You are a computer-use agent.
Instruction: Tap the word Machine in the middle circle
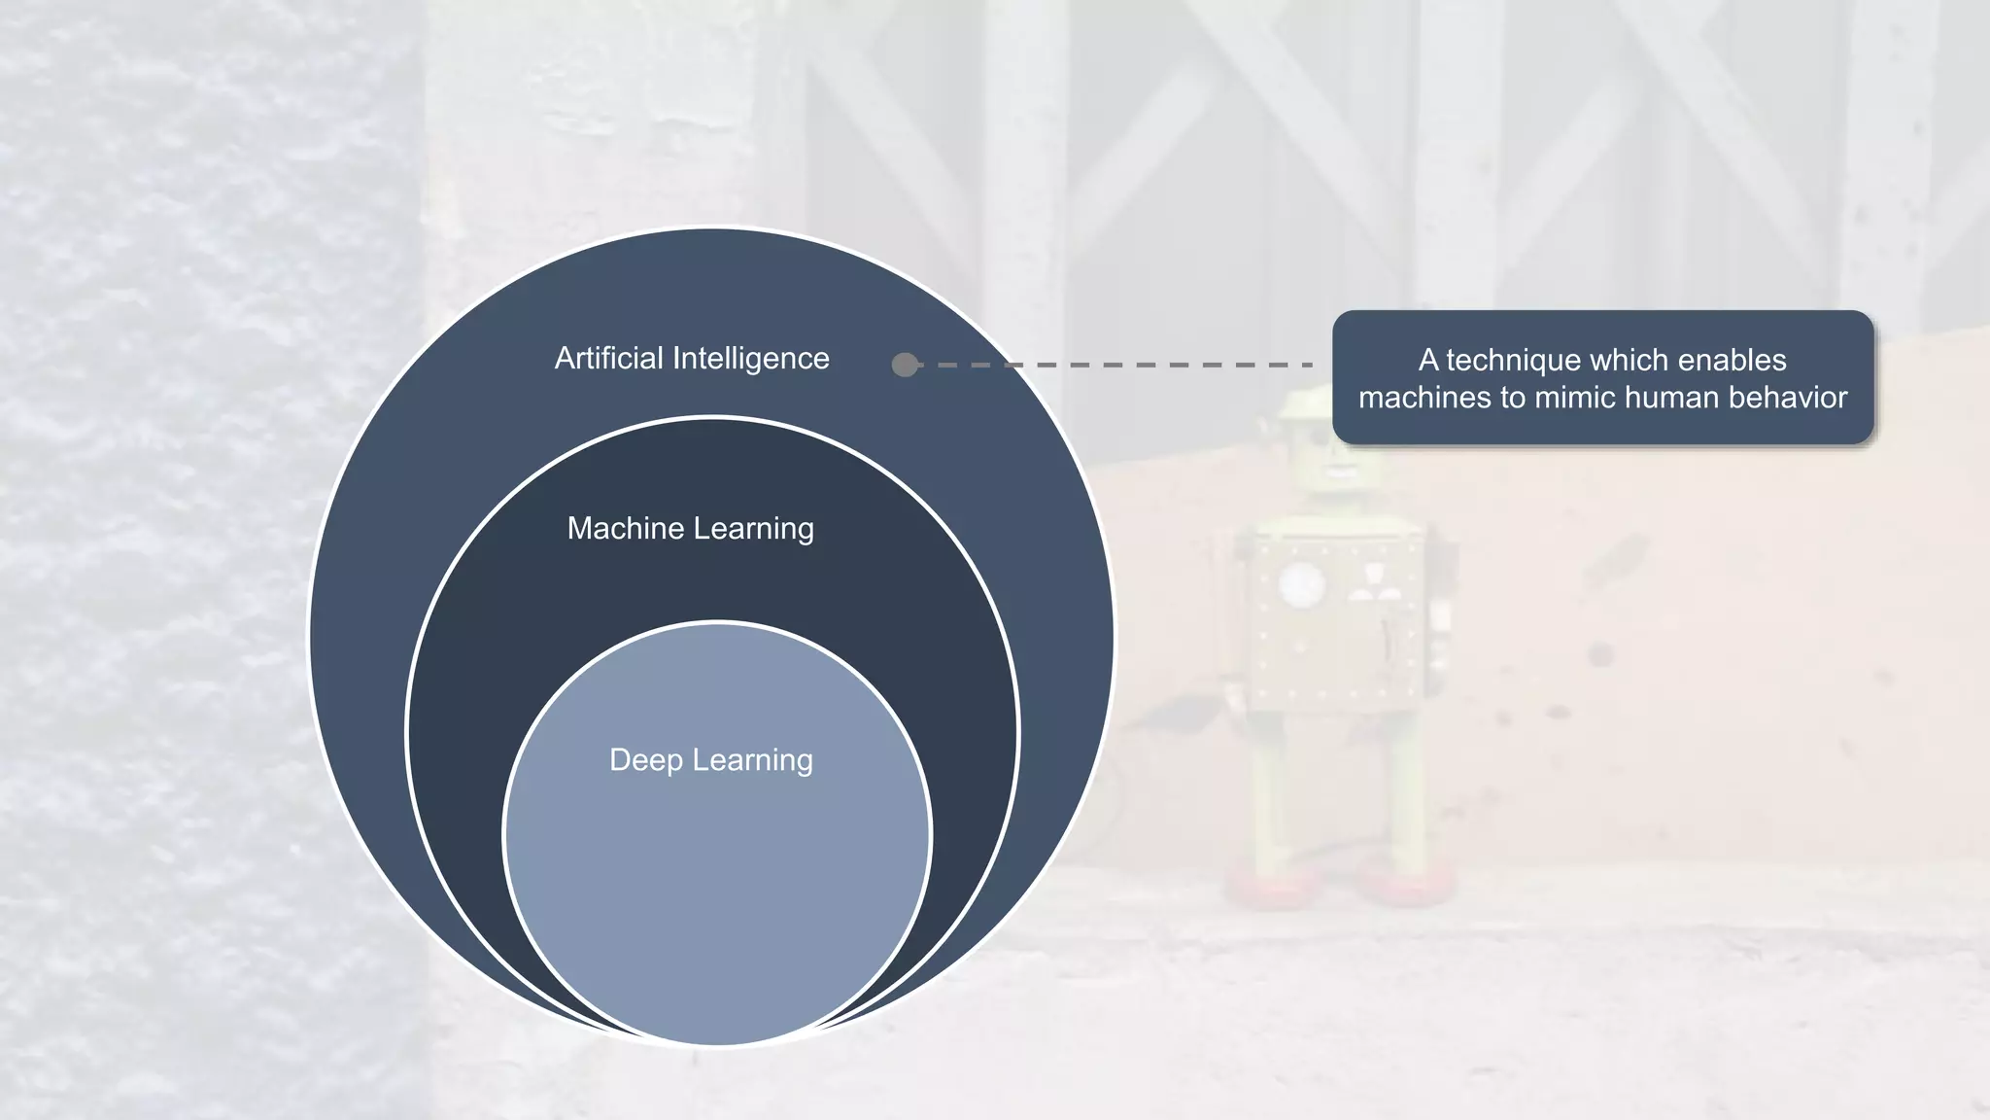[626, 529]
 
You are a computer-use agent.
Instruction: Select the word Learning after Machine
[754, 529]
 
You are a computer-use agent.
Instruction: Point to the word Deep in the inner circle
[642, 760]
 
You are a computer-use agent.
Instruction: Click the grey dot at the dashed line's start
[905, 365]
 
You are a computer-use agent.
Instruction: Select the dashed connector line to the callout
[1117, 365]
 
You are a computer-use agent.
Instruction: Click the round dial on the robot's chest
[1301, 585]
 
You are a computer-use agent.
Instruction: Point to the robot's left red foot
[1263, 885]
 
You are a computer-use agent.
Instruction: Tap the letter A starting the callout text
[1428, 361]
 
